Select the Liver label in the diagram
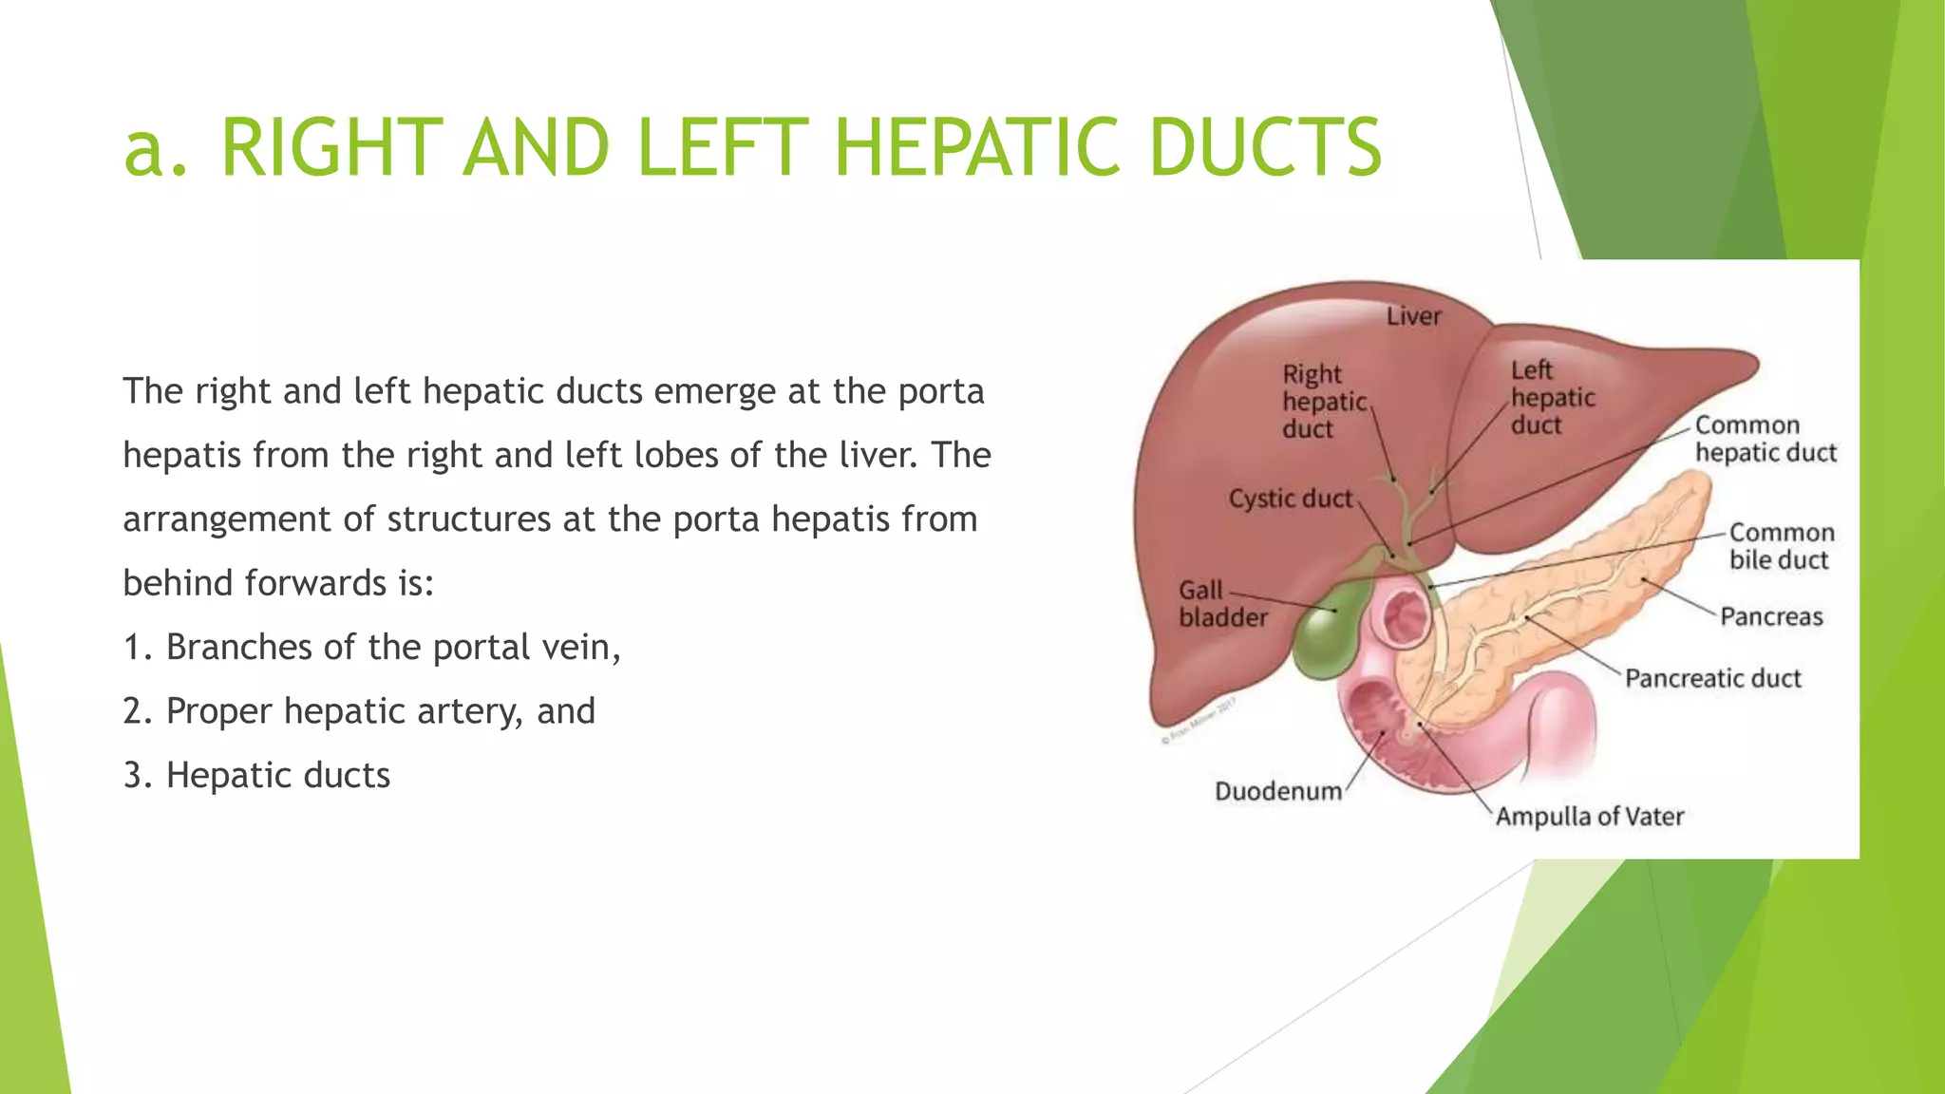click(x=1413, y=316)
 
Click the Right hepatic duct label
click(x=1324, y=402)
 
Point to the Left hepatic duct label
click(x=1552, y=398)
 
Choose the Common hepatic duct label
click(x=1765, y=439)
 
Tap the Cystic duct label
click(x=1290, y=499)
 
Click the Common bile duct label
click(x=1781, y=546)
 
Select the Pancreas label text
click(x=1771, y=617)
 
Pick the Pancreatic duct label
click(x=1712, y=678)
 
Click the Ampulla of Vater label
click(x=1590, y=817)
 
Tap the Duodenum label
click(x=1278, y=791)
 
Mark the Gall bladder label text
click(x=1221, y=604)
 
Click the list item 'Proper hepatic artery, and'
click(x=380, y=711)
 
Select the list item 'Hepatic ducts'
click(x=277, y=776)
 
